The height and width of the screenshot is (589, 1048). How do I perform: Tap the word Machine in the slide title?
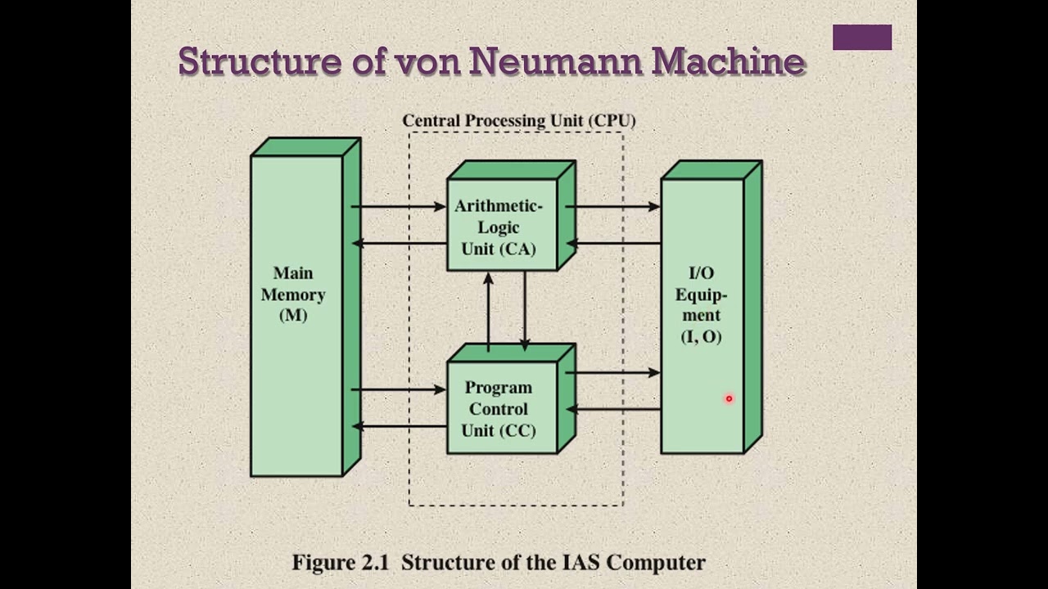[x=729, y=61]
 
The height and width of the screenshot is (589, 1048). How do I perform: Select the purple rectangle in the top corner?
[x=861, y=38]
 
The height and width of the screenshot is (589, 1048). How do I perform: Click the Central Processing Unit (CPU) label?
[x=518, y=121]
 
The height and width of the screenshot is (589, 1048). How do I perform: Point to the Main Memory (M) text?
[x=293, y=294]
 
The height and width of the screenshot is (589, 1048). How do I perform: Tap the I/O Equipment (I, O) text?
[x=702, y=304]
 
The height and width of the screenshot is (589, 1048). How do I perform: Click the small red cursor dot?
[x=729, y=399]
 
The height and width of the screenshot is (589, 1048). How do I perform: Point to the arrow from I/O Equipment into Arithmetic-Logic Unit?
[x=614, y=243]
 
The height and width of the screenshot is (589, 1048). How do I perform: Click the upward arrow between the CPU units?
[x=489, y=311]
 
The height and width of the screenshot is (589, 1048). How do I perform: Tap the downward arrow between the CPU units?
[x=524, y=311]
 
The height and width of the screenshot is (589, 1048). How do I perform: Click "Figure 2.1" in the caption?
[x=342, y=563]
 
